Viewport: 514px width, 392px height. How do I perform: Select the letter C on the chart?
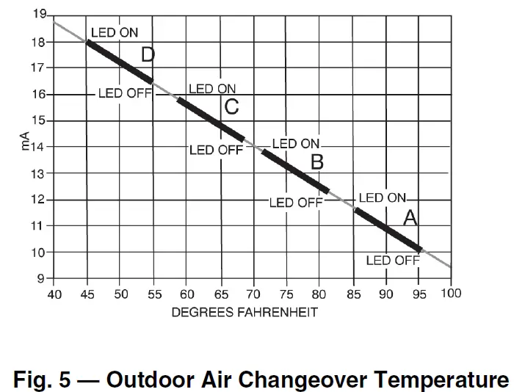click(x=231, y=107)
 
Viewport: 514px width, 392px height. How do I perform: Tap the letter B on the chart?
click(x=316, y=161)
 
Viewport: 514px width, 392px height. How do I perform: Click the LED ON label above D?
click(x=114, y=33)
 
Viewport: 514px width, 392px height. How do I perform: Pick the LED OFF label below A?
click(x=393, y=260)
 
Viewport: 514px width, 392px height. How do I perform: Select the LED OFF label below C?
click(x=216, y=150)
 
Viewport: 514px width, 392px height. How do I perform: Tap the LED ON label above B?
click(x=297, y=144)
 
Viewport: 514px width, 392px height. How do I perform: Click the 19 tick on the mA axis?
click(x=40, y=15)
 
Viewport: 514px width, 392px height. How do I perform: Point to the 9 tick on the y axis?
click(x=42, y=279)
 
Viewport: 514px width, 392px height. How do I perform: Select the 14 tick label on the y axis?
click(x=40, y=147)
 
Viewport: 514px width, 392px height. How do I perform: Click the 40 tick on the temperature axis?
click(x=54, y=294)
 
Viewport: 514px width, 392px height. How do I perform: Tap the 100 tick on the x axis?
click(x=451, y=294)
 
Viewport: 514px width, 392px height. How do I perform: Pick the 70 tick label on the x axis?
click(x=253, y=294)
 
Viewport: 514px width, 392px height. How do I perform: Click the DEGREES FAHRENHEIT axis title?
click(x=245, y=312)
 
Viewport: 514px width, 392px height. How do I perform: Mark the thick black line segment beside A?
click(x=387, y=229)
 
